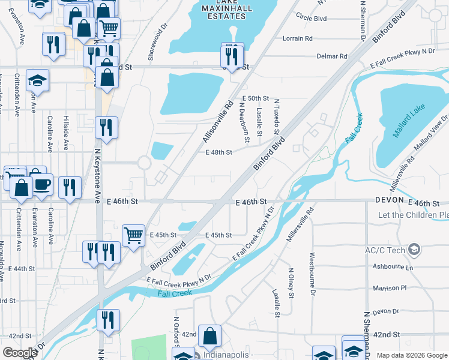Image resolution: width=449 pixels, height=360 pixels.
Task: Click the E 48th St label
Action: coord(218,152)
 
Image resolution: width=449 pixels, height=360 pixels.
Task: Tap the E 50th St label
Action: coord(256,98)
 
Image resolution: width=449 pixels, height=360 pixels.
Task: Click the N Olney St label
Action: coord(291,283)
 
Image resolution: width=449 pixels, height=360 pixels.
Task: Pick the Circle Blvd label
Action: coord(308,18)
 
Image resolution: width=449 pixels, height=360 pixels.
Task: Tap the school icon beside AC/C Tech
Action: coord(414,249)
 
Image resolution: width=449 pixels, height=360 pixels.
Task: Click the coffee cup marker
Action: coord(41,184)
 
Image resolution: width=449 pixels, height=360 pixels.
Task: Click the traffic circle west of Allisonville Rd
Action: coord(144,163)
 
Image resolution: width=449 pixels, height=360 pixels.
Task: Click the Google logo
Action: coord(20,353)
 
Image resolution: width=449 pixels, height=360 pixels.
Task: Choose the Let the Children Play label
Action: coord(413,215)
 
